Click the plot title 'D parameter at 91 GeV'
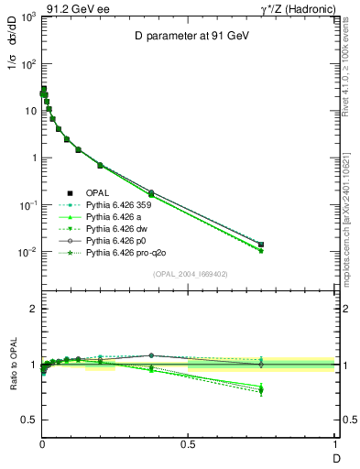[188, 36]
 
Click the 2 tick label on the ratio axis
[32, 309]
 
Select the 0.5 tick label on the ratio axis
[28, 420]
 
